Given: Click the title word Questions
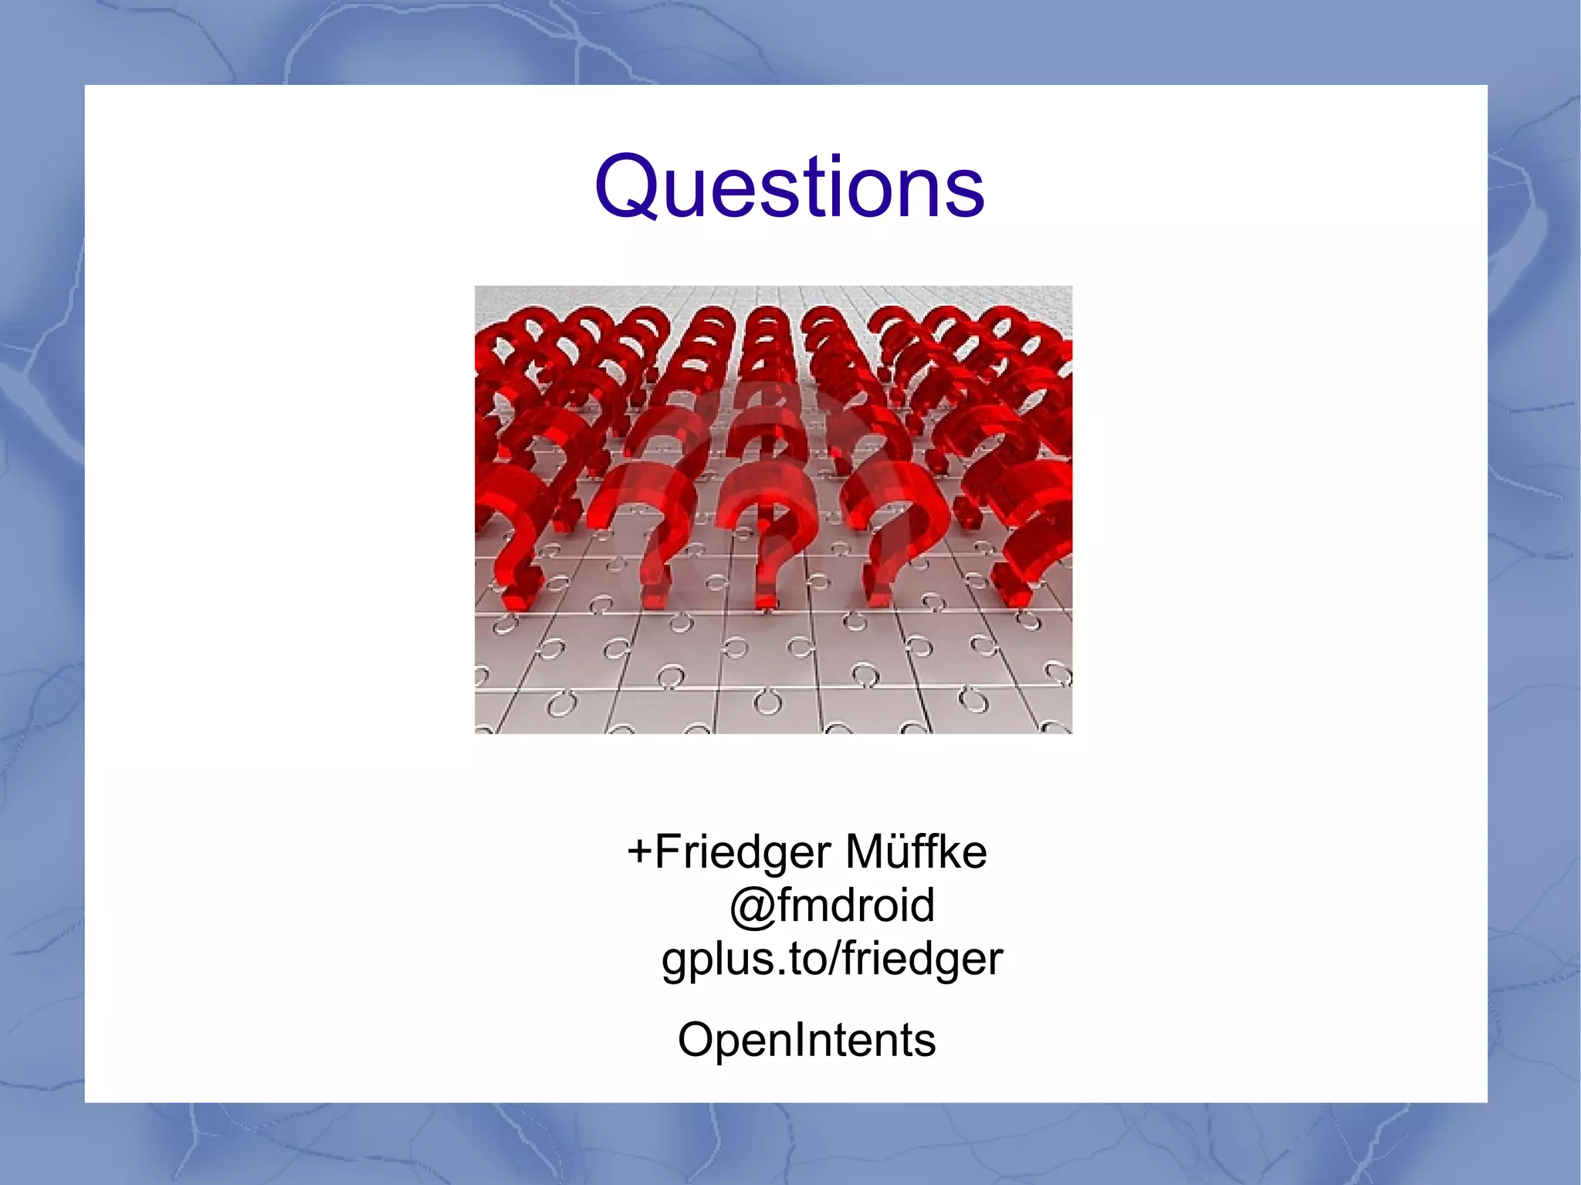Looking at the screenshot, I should coord(789,188).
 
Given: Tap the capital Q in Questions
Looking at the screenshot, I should coord(627,188).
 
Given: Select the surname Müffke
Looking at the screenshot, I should coord(916,852).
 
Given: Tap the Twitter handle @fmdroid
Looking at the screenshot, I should coord(831,905).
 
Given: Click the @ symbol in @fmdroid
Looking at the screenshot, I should coord(752,906).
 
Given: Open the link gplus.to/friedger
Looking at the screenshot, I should coord(832,960).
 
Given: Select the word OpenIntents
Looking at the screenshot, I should coord(807,1040).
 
